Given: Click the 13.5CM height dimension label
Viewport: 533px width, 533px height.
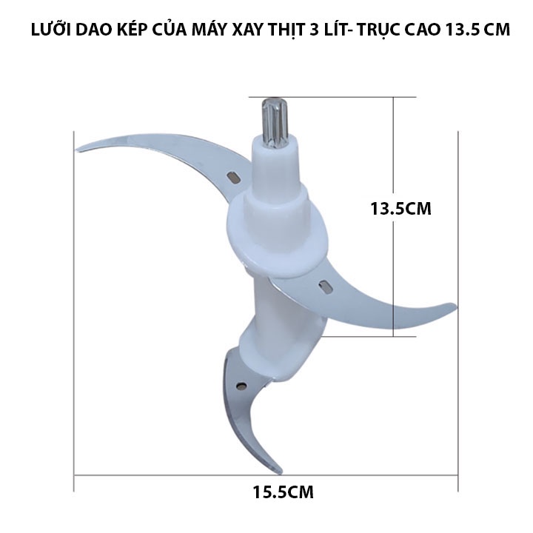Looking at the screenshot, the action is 400,208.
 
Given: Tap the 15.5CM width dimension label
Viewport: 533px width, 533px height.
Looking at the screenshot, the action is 283,492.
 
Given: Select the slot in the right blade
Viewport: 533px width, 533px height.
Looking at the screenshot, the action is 325,286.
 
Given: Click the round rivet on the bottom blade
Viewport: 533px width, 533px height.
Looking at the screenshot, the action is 241,385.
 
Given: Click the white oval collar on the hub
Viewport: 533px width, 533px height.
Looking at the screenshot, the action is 278,235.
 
